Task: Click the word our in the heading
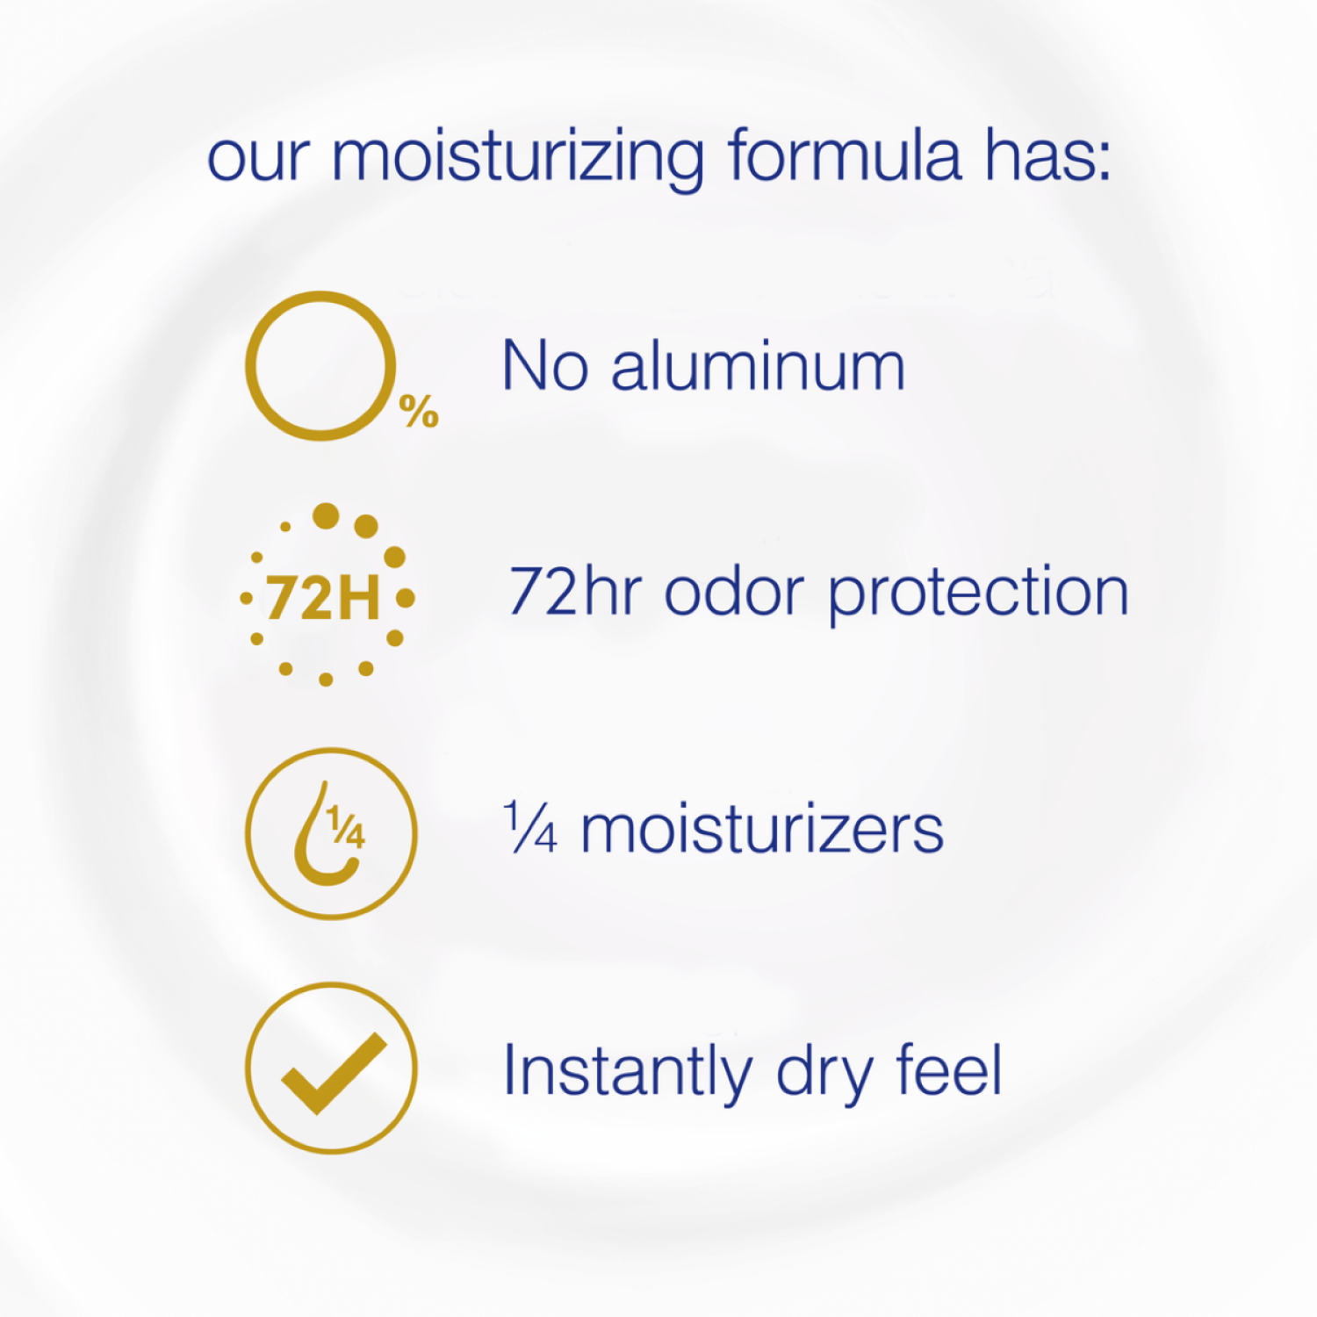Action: click(258, 160)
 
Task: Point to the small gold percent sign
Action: click(419, 411)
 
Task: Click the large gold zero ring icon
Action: click(320, 365)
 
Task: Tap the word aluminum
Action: click(758, 366)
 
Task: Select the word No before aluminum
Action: click(544, 366)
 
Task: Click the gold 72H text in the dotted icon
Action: click(323, 598)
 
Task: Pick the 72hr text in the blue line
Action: click(575, 592)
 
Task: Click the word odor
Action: click(734, 592)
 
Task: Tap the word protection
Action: click(978, 594)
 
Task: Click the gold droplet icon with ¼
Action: click(331, 833)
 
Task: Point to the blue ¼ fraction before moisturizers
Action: click(531, 828)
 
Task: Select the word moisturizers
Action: click(762, 830)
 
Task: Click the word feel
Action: click(948, 1070)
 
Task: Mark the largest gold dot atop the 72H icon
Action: click(326, 516)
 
